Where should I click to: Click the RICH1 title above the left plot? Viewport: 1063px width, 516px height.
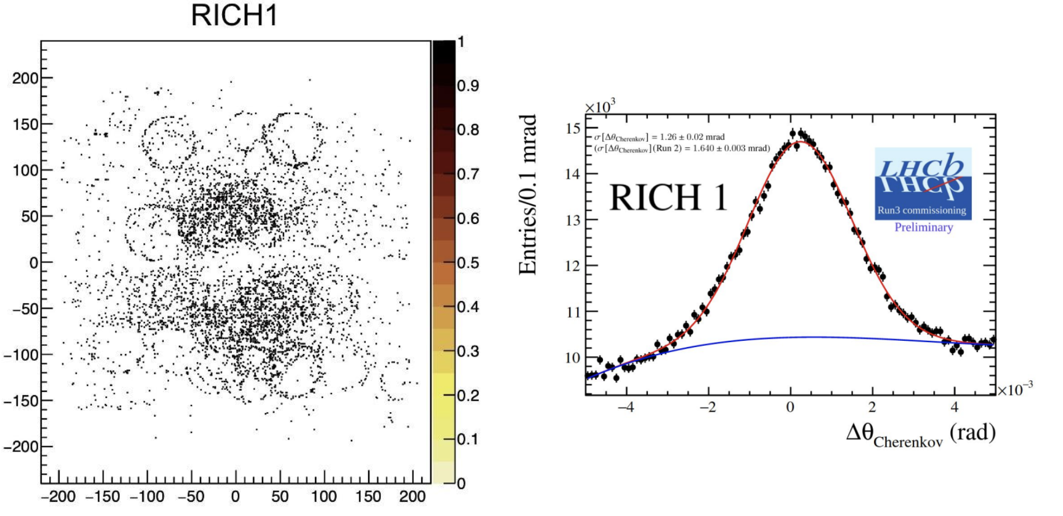pos(234,15)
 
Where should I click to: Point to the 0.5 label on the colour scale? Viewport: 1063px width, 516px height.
pos(468,263)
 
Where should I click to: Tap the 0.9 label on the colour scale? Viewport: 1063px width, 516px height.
pos(468,86)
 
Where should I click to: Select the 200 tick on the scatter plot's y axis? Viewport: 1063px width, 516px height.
pos(25,78)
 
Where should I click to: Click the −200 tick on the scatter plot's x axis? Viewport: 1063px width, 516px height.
pos(58,497)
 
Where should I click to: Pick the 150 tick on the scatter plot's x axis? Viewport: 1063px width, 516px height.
pos(368,497)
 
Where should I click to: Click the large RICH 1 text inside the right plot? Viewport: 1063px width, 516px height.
pos(668,198)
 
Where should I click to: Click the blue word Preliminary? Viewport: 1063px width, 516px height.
pos(923,227)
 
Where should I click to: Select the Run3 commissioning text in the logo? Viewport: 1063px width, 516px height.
pos(921,210)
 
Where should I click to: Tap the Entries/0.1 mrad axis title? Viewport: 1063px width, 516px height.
pos(528,195)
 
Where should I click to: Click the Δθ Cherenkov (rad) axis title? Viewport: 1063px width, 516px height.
pos(920,434)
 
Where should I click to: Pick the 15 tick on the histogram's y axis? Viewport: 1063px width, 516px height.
pos(573,128)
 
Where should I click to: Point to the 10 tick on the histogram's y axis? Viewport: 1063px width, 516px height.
pos(573,358)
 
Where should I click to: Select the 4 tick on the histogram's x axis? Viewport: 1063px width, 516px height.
pos(954,407)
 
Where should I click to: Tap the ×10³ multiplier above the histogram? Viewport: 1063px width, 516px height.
pos(600,107)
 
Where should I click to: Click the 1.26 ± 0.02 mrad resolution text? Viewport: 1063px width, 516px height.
pos(659,137)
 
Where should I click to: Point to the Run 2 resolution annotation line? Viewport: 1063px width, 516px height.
pos(682,148)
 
